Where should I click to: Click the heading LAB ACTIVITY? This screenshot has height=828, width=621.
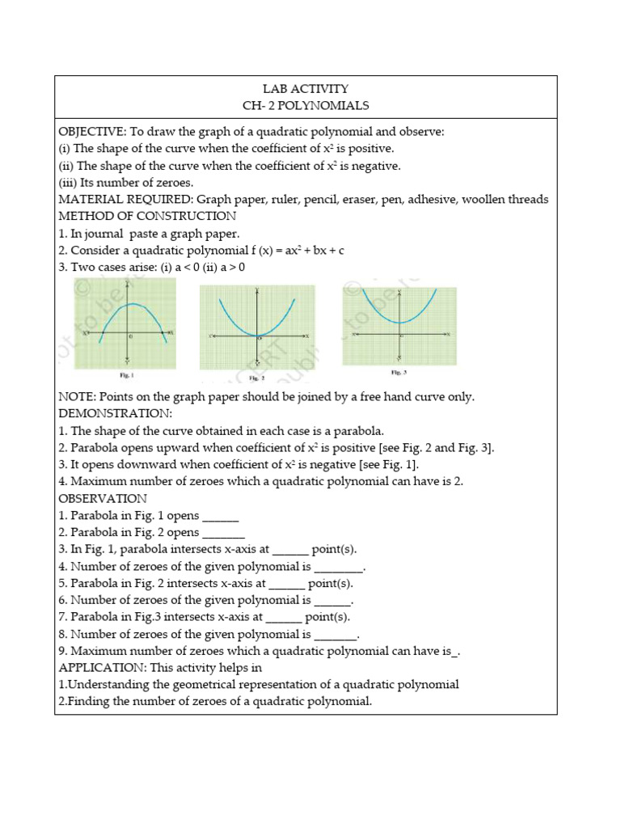pyautogui.click(x=306, y=89)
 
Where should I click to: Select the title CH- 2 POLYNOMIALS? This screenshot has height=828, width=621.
pyautogui.click(x=306, y=106)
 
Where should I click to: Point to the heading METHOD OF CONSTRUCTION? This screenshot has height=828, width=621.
pyautogui.click(x=147, y=217)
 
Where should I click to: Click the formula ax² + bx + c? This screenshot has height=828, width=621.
pyautogui.click(x=310, y=251)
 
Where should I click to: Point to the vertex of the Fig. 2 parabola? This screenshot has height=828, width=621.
pyautogui.click(x=257, y=335)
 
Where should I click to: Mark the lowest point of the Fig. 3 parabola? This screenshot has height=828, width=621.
pyautogui.click(x=398, y=323)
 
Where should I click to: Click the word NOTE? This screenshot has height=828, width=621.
pyautogui.click(x=78, y=397)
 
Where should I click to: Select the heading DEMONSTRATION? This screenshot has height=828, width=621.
pyautogui.click(x=115, y=413)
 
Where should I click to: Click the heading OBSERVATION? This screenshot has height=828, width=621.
pyautogui.click(x=103, y=498)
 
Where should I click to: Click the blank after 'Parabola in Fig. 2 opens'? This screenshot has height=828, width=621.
pyautogui.click(x=223, y=533)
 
